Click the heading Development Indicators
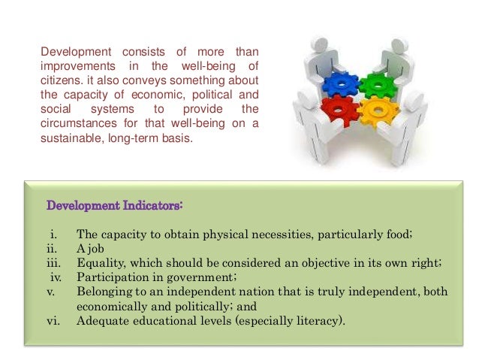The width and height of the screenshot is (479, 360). [x=115, y=204]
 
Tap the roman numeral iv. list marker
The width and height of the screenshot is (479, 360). [x=55, y=277]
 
